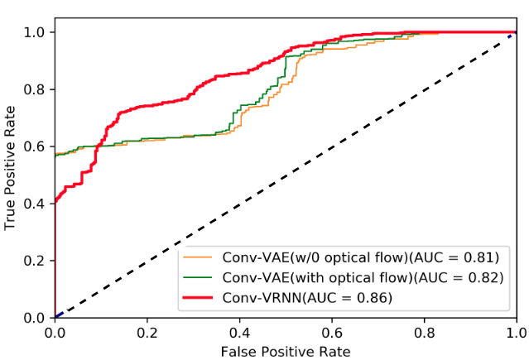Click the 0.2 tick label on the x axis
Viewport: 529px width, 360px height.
[x=147, y=332]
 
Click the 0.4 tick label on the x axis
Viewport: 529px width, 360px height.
[x=239, y=332]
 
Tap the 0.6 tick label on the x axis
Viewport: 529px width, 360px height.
[x=332, y=332]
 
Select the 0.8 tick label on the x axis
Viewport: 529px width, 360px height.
[x=424, y=332]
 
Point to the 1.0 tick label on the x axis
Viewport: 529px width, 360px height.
[x=516, y=332]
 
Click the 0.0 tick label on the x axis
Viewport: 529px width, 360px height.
[x=55, y=332]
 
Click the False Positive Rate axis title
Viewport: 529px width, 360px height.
[x=286, y=351]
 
